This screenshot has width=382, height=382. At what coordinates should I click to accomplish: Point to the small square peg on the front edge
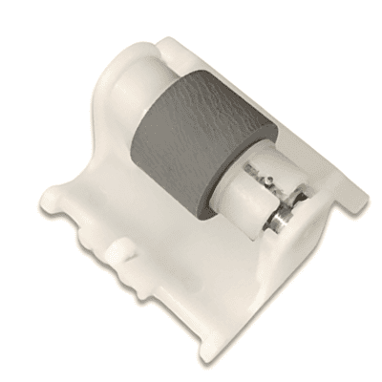pyautogui.click(x=121, y=251)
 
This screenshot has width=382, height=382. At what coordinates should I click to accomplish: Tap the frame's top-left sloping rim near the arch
pyautogui.click(x=95, y=86)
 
